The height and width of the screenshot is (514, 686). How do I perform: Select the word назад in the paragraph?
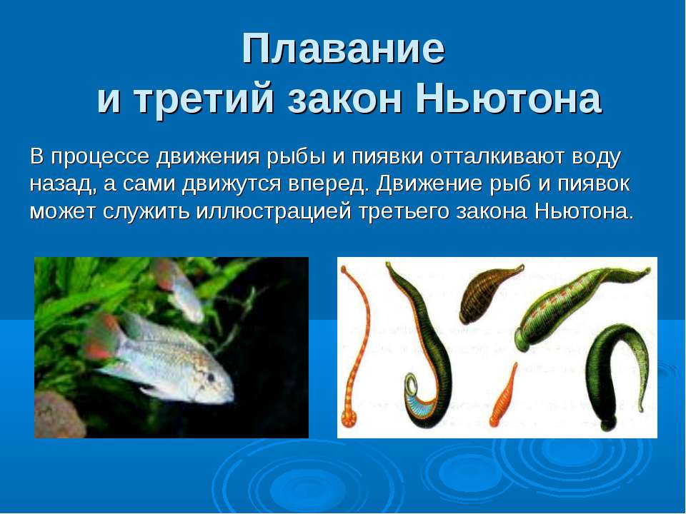click(64, 184)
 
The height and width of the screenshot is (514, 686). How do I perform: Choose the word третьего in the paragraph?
click(404, 211)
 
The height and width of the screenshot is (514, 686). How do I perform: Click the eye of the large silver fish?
click(211, 376)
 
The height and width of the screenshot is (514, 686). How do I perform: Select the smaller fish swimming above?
click(179, 288)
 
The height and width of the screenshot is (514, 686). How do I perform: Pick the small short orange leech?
click(504, 395)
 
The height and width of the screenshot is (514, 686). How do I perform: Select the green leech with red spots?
click(577, 306)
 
